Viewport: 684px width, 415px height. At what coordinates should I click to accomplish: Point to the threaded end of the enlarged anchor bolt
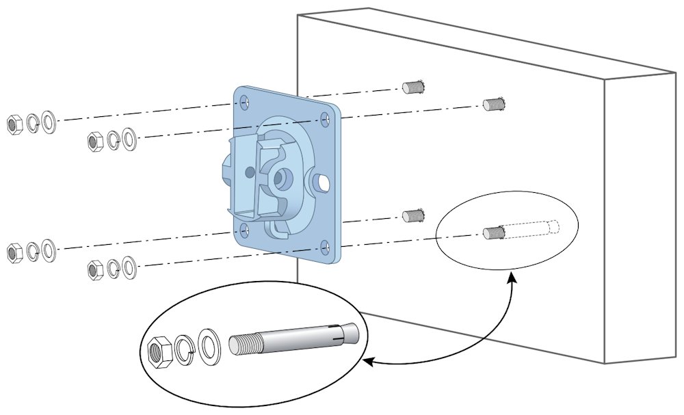pyautogui.click(x=246, y=343)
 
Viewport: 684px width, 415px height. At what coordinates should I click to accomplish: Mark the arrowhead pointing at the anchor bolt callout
pyautogui.click(x=367, y=361)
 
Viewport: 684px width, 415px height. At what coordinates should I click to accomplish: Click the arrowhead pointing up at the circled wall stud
pyautogui.click(x=511, y=276)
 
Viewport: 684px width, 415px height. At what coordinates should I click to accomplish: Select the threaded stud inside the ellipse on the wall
pyautogui.click(x=493, y=232)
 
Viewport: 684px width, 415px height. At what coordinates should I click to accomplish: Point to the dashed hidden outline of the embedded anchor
pyautogui.click(x=534, y=228)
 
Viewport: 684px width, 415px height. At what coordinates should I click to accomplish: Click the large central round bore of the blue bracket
pyautogui.click(x=279, y=178)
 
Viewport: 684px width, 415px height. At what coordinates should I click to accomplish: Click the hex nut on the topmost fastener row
pyautogui.click(x=13, y=124)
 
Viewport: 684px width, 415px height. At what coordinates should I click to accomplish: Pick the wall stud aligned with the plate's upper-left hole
pyautogui.click(x=411, y=87)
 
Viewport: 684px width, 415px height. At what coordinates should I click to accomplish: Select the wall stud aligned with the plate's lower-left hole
pyautogui.click(x=411, y=216)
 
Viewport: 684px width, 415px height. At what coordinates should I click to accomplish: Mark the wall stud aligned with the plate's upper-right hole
pyautogui.click(x=493, y=104)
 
